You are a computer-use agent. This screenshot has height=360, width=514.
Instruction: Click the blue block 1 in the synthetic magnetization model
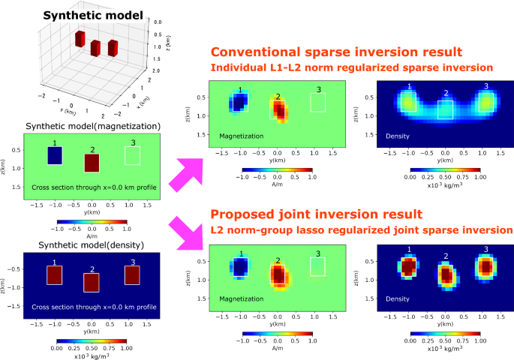pos(54,155)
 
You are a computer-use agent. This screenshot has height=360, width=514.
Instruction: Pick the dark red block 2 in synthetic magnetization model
pos(92,163)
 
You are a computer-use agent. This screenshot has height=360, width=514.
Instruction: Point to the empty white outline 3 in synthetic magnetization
pos(132,154)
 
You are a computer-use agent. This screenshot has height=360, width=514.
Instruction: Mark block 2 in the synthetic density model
pos(92,282)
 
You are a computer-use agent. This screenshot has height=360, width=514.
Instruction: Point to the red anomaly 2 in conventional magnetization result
pos(279,109)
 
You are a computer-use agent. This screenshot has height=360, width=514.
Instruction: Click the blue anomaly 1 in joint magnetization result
pos(240,267)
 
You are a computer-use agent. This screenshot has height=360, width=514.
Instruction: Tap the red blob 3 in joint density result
pos(485,266)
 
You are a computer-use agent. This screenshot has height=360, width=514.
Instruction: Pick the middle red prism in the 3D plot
pos(95,48)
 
